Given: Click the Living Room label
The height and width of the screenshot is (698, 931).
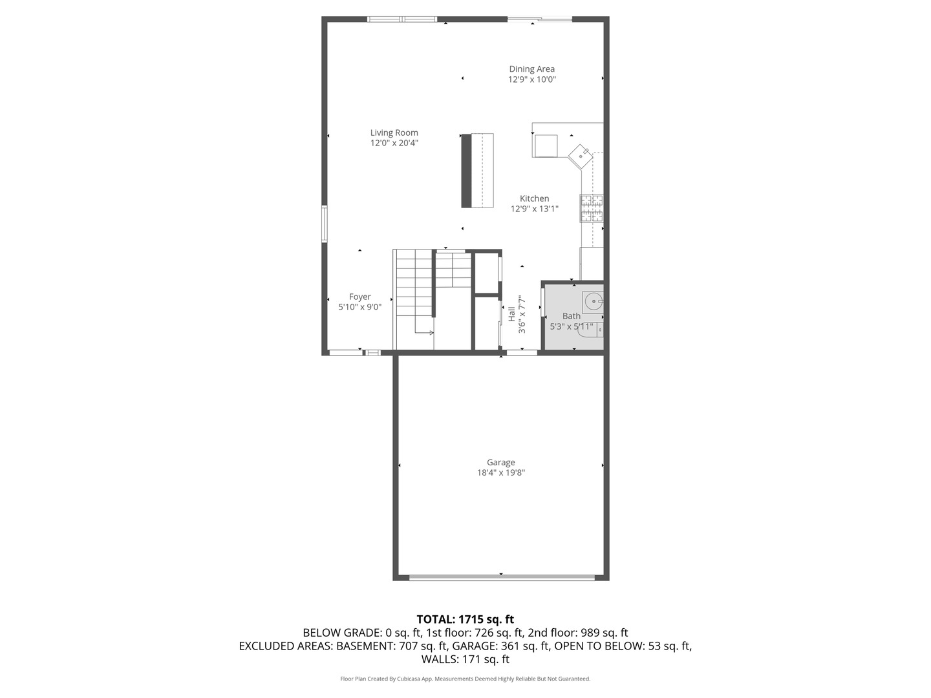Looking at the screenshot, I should (x=394, y=133).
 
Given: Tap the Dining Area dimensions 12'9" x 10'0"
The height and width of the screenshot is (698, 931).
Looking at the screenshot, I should (x=531, y=79).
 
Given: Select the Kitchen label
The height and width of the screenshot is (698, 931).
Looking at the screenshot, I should (x=534, y=198).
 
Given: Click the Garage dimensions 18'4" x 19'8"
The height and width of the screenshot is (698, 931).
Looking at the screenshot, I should (x=500, y=472).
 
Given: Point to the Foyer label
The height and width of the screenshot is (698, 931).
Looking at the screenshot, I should (x=359, y=297).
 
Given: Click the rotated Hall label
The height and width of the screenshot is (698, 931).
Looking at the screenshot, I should (x=511, y=314).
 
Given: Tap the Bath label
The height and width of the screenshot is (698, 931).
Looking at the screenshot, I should (x=571, y=316).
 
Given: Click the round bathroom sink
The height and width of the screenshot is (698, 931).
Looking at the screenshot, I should (x=593, y=301).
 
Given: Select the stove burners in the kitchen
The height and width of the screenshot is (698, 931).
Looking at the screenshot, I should (x=592, y=208).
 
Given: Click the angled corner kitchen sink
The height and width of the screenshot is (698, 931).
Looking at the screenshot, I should (x=581, y=155).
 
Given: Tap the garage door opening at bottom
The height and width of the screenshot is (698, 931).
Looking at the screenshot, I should (x=501, y=576).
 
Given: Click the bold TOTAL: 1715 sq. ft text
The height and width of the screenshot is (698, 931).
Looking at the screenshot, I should (x=465, y=619).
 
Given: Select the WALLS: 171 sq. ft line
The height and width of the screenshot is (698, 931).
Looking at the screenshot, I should (x=465, y=659).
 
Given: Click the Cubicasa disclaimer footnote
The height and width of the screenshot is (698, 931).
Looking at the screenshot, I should (x=465, y=679).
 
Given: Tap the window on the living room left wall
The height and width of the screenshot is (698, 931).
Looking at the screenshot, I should (x=325, y=224).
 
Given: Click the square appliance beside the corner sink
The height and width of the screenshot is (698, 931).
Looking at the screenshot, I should (x=546, y=145).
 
